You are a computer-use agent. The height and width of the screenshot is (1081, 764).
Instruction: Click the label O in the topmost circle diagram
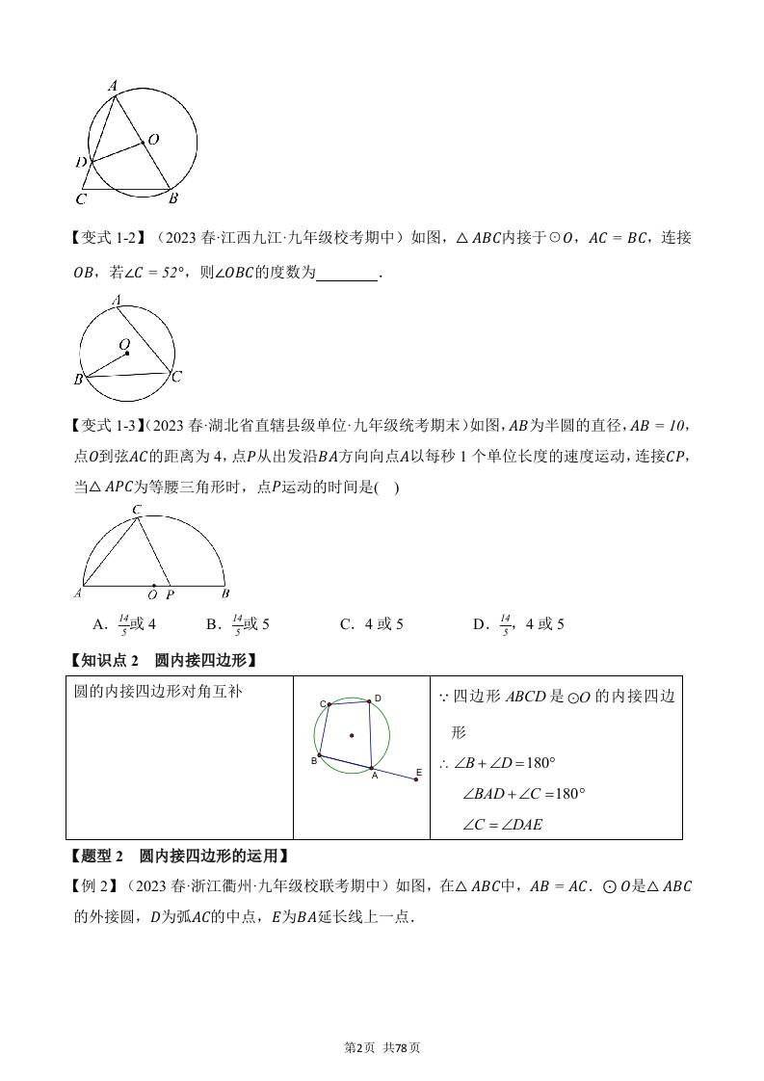pyautogui.click(x=154, y=140)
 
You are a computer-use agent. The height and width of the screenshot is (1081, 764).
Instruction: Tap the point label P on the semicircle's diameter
pyautogui.click(x=171, y=594)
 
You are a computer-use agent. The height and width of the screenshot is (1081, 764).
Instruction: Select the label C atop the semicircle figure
pyautogui.click(x=137, y=509)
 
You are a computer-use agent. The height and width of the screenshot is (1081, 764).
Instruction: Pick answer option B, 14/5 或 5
pyautogui.click(x=238, y=624)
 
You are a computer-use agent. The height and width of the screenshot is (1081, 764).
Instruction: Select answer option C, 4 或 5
pyautogui.click(x=371, y=624)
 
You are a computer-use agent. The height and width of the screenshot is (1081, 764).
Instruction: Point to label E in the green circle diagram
pyautogui.click(x=419, y=772)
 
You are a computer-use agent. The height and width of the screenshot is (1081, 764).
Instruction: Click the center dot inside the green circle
pyautogui.click(x=352, y=736)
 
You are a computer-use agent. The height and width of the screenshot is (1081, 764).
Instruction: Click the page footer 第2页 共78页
pyautogui.click(x=382, y=1048)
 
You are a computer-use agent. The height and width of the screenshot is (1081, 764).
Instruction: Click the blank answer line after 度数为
pyautogui.click(x=347, y=274)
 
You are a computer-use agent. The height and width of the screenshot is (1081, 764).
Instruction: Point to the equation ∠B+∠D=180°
pyautogui.click(x=498, y=763)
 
